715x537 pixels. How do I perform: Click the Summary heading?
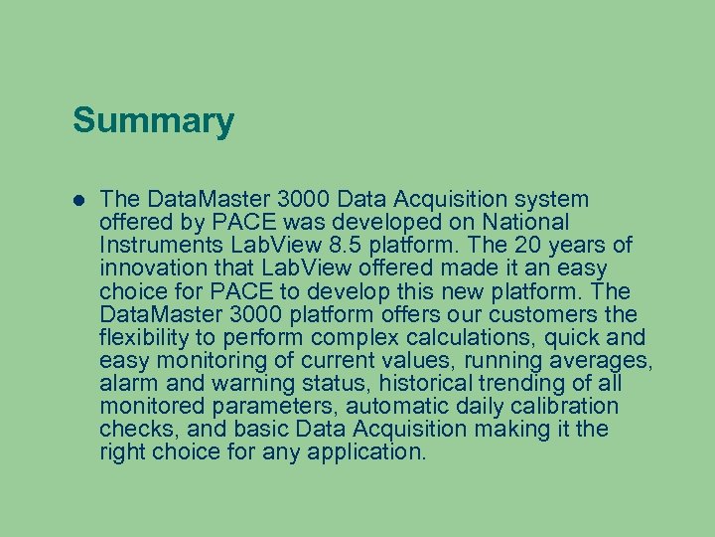tap(153, 121)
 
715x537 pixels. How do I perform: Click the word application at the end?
tap(371, 453)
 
